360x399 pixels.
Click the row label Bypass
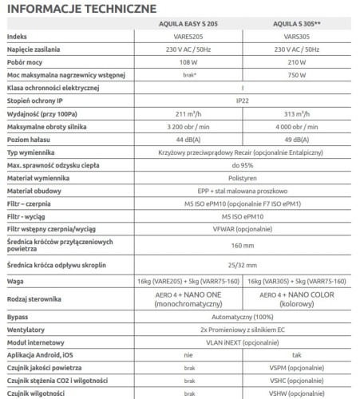click(x=18, y=317)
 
